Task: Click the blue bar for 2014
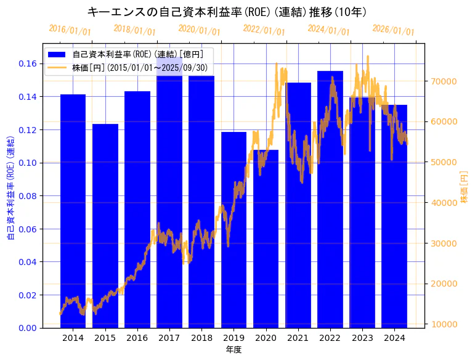coord(73,210)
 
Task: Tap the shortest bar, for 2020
coord(266,247)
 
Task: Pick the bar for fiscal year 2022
coord(330,203)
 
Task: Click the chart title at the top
coord(228,12)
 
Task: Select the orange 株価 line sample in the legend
coord(57,67)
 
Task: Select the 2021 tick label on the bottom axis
coord(298,338)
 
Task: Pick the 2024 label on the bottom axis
coord(394,338)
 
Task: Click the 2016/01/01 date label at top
coord(70,30)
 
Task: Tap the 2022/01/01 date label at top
coord(264,30)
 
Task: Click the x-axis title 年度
coord(233,350)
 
